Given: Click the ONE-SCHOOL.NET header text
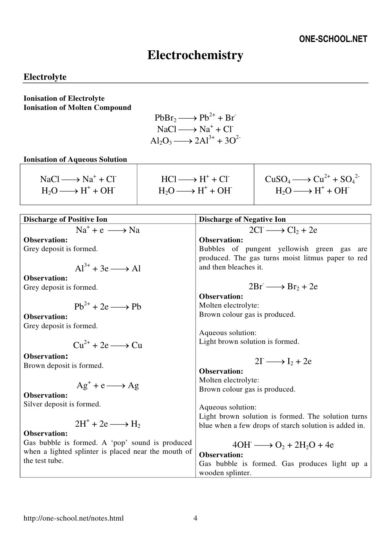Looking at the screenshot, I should click(333, 39).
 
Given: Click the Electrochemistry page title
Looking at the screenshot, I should click(195, 55).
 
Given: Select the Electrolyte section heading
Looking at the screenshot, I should click(45, 77).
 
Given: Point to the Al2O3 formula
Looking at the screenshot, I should click(161, 141).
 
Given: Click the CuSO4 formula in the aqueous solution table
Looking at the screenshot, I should click(278, 180).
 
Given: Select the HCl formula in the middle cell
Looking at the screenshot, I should click(169, 179).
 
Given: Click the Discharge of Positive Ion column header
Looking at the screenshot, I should click(65, 219).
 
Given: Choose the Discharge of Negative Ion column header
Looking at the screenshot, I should click(242, 219).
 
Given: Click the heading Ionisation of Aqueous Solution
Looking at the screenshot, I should click(75, 160).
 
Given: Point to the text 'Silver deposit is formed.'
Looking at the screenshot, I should click(62, 404).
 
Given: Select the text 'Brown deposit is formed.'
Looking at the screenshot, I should click(63, 366).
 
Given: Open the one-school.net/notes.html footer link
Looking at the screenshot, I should click(74, 518).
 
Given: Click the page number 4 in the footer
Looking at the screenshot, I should click(195, 518).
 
